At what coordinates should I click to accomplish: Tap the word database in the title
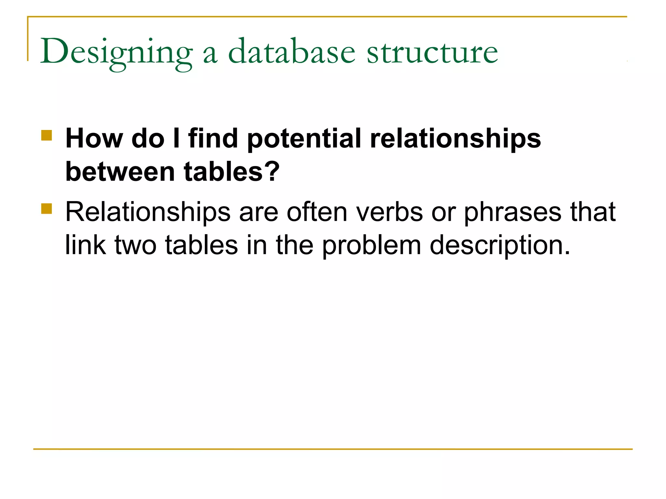tap(292, 52)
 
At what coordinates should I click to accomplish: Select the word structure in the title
tap(432, 52)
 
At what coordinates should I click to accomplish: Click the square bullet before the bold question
tap(47, 135)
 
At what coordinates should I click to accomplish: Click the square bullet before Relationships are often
tap(47, 209)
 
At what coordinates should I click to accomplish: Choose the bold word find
tap(213, 139)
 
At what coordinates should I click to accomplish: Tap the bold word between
tap(120, 172)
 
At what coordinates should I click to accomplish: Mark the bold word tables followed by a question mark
tap(231, 172)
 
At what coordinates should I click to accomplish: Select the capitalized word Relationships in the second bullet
tap(148, 212)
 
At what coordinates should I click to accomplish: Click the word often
tap(317, 212)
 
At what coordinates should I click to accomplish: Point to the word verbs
tap(389, 212)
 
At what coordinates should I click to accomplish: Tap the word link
tap(85, 245)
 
